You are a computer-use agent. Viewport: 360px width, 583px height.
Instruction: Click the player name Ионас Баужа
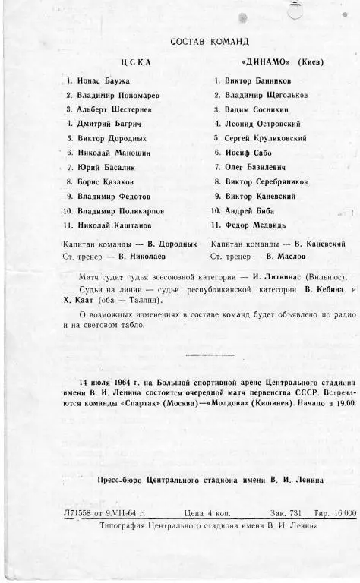point(103,80)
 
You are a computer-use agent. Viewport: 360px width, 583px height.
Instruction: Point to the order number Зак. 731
point(286,513)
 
